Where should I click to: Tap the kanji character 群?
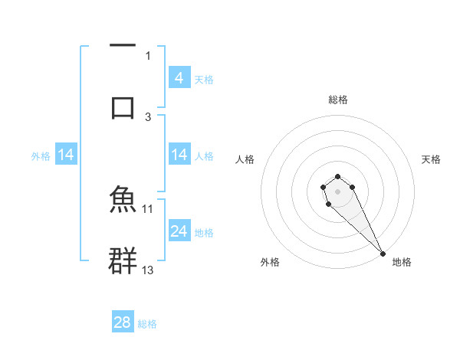point(123,261)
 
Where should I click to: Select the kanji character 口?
point(123,106)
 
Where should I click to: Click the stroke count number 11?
point(148,208)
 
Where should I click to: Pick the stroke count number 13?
point(148,270)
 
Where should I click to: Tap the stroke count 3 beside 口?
point(148,116)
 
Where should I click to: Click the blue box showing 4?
point(179,77)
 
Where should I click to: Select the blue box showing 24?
point(179,231)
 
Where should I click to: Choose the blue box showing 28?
point(123,322)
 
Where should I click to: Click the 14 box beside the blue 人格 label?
point(179,155)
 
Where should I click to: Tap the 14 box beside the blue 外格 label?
point(66,155)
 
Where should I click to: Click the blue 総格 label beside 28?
point(147,324)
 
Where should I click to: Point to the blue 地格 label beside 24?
point(204,233)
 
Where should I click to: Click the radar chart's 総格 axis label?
point(338,100)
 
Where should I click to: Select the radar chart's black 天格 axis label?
point(432,159)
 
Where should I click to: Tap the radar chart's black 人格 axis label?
point(245,159)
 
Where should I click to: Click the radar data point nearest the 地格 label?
point(383,254)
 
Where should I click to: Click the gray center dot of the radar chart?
point(337,190)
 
